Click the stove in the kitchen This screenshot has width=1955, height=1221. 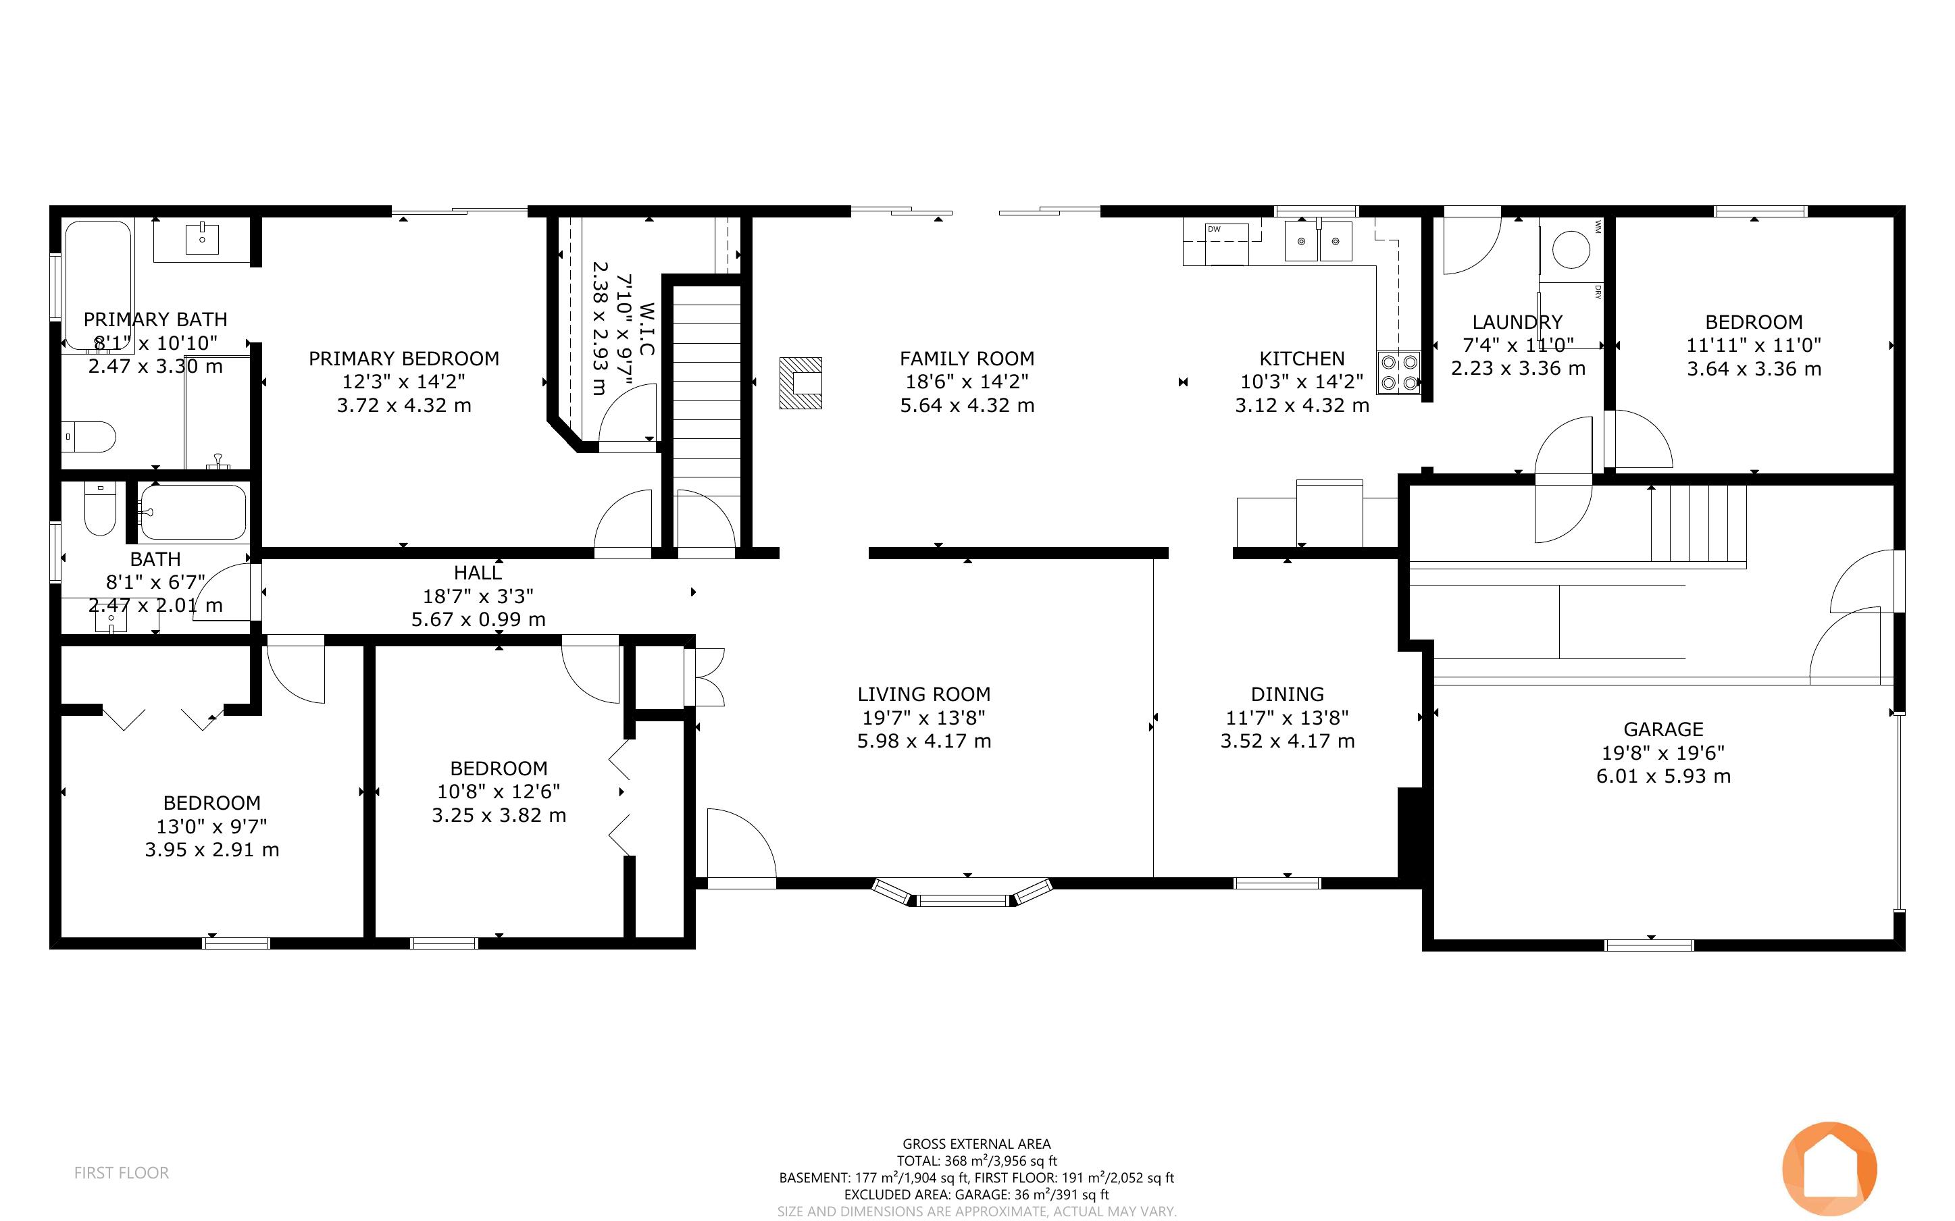tap(1398, 372)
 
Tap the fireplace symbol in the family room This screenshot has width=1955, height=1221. tap(801, 383)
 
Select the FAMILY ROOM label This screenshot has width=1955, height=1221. tap(967, 359)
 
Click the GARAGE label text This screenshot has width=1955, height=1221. tap(1663, 729)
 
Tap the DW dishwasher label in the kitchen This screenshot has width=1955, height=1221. tap(1214, 230)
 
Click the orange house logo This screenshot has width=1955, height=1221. tap(1830, 1168)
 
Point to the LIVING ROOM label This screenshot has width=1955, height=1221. tap(924, 694)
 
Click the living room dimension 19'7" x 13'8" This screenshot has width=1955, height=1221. tap(924, 717)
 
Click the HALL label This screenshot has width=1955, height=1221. tap(478, 573)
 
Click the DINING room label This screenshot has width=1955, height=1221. tap(1287, 694)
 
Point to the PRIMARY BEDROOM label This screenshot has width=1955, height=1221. tap(404, 359)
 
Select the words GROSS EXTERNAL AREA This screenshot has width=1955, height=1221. tap(976, 1143)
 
